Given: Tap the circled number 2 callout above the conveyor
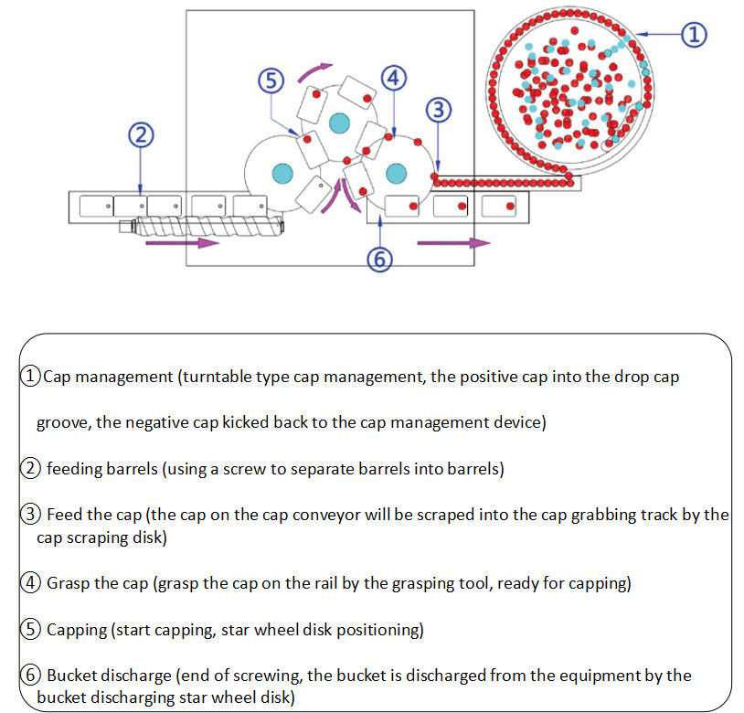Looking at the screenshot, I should click(139, 136).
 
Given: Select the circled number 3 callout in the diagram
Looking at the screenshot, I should click(439, 110).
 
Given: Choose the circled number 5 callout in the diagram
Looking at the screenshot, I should click(271, 81).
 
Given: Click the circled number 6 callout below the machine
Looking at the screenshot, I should click(380, 260).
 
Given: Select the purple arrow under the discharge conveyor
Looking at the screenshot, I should click(453, 243).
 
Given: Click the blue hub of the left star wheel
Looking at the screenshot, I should click(282, 172).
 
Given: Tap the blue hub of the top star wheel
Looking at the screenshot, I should click(340, 120).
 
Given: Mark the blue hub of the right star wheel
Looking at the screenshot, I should click(396, 172).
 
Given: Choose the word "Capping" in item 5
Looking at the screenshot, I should click(79, 630).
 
